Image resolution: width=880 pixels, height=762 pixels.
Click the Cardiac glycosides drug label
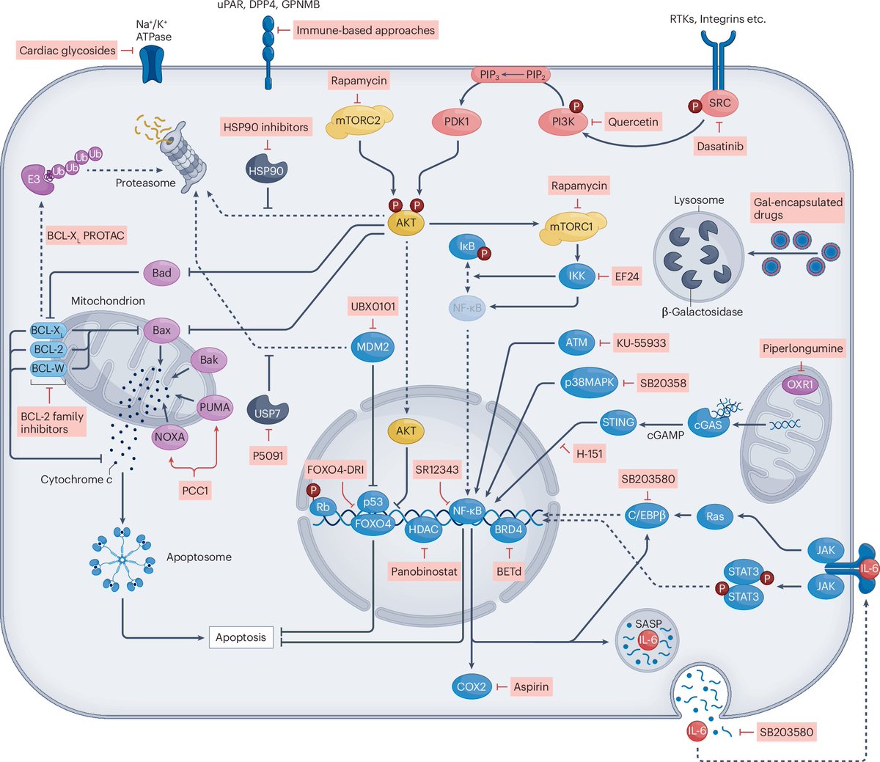click(x=67, y=51)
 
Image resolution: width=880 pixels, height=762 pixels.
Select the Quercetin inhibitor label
click(x=633, y=122)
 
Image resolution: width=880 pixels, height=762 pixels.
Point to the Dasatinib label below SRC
click(x=719, y=147)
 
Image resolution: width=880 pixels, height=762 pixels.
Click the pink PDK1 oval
click(x=457, y=122)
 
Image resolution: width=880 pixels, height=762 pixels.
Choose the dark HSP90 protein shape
click(x=265, y=170)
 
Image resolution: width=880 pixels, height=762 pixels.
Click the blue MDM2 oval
click(x=373, y=346)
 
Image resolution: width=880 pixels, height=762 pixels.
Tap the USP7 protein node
click(x=268, y=413)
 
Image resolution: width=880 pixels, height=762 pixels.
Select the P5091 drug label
click(x=268, y=455)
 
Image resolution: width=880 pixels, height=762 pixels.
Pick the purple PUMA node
click(x=214, y=407)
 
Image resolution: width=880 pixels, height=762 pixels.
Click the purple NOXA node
click(x=169, y=436)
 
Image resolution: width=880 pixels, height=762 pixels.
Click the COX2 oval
click(x=471, y=686)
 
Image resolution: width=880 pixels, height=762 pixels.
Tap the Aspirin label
click(x=532, y=686)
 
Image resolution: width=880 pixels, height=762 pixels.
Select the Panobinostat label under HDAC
click(x=424, y=571)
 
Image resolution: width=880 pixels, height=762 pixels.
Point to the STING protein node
click(x=617, y=422)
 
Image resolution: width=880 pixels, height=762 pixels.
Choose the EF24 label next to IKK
click(x=627, y=276)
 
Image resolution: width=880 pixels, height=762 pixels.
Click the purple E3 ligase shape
click(x=34, y=178)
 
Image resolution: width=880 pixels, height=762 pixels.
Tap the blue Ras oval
click(x=715, y=516)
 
